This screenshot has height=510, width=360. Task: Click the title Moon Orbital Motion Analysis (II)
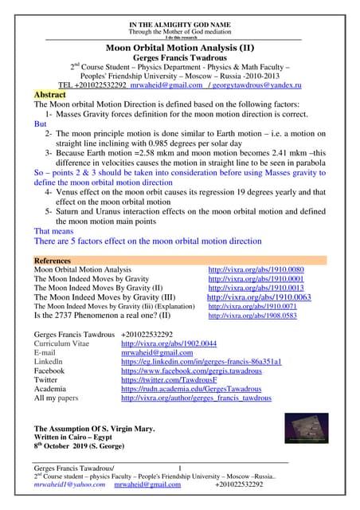pos(179,48)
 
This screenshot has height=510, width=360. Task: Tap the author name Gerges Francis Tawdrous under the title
pos(179,59)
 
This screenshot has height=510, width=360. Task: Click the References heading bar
pos(180,261)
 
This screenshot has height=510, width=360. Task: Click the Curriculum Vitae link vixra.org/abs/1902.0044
pos(168,343)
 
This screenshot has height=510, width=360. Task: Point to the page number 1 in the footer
pos(180,466)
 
